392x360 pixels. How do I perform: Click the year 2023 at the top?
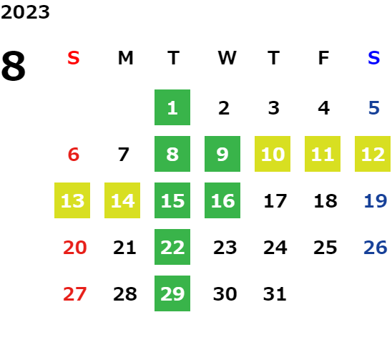25,12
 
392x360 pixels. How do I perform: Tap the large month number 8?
14,66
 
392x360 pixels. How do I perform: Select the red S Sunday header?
74,58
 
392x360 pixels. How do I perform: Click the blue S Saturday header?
373,58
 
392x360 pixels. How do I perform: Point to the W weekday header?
227,58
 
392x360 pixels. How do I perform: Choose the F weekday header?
323,58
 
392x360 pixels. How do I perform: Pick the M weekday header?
125,58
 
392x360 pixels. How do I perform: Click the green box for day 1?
172,107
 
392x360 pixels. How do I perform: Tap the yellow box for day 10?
273,154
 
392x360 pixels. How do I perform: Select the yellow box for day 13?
72,200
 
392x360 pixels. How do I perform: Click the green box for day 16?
222,200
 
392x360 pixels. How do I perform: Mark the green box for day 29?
172,293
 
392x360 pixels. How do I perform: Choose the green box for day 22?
172,247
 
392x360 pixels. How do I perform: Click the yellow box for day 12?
373,154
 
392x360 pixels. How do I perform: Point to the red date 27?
74,294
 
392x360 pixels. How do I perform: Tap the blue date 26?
376,248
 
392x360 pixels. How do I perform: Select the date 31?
275,294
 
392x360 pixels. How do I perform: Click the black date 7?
124,155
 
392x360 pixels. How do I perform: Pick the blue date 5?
374,108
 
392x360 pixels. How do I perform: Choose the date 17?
275,201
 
